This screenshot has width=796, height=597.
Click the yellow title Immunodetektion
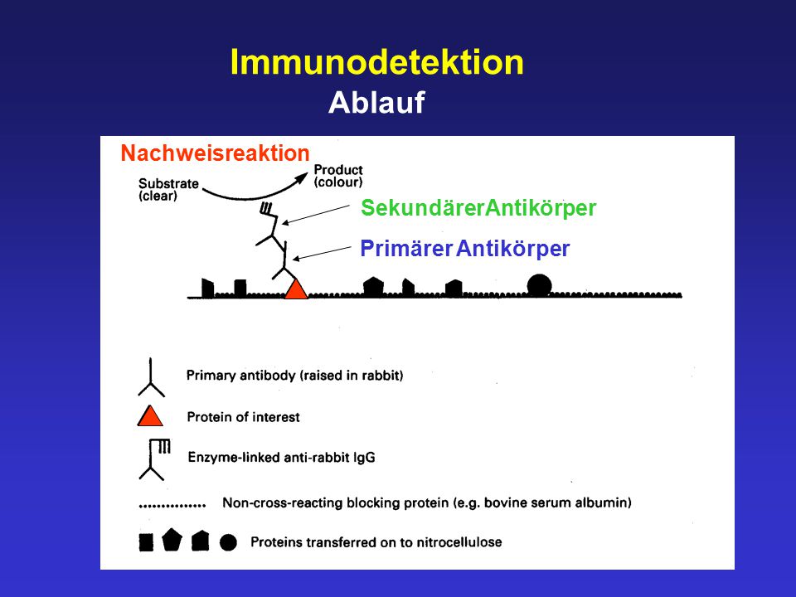coord(376,62)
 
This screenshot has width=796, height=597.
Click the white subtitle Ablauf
coord(376,103)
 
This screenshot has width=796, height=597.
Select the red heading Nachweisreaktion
coord(216,153)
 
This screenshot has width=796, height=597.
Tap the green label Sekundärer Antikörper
coord(478,208)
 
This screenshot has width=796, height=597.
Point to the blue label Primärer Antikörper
coord(465,249)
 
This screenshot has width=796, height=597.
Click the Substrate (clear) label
coord(168,190)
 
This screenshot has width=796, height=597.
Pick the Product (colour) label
coord(338,176)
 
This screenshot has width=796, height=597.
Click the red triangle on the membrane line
coord(296,289)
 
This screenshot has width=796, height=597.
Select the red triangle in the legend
coord(150,415)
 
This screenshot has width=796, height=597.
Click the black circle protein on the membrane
coord(539,284)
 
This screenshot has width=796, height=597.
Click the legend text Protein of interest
coord(243,417)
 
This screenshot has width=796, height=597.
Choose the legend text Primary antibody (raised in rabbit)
coord(295,376)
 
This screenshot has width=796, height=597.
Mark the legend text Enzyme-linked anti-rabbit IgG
coord(282,458)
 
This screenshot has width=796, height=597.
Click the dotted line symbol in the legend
coord(172,505)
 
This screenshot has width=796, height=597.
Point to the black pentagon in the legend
coord(172,540)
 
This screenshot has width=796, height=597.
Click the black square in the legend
coord(146,542)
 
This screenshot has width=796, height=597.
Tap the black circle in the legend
coord(229,542)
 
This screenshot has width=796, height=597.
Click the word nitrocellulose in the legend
coord(459,542)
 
